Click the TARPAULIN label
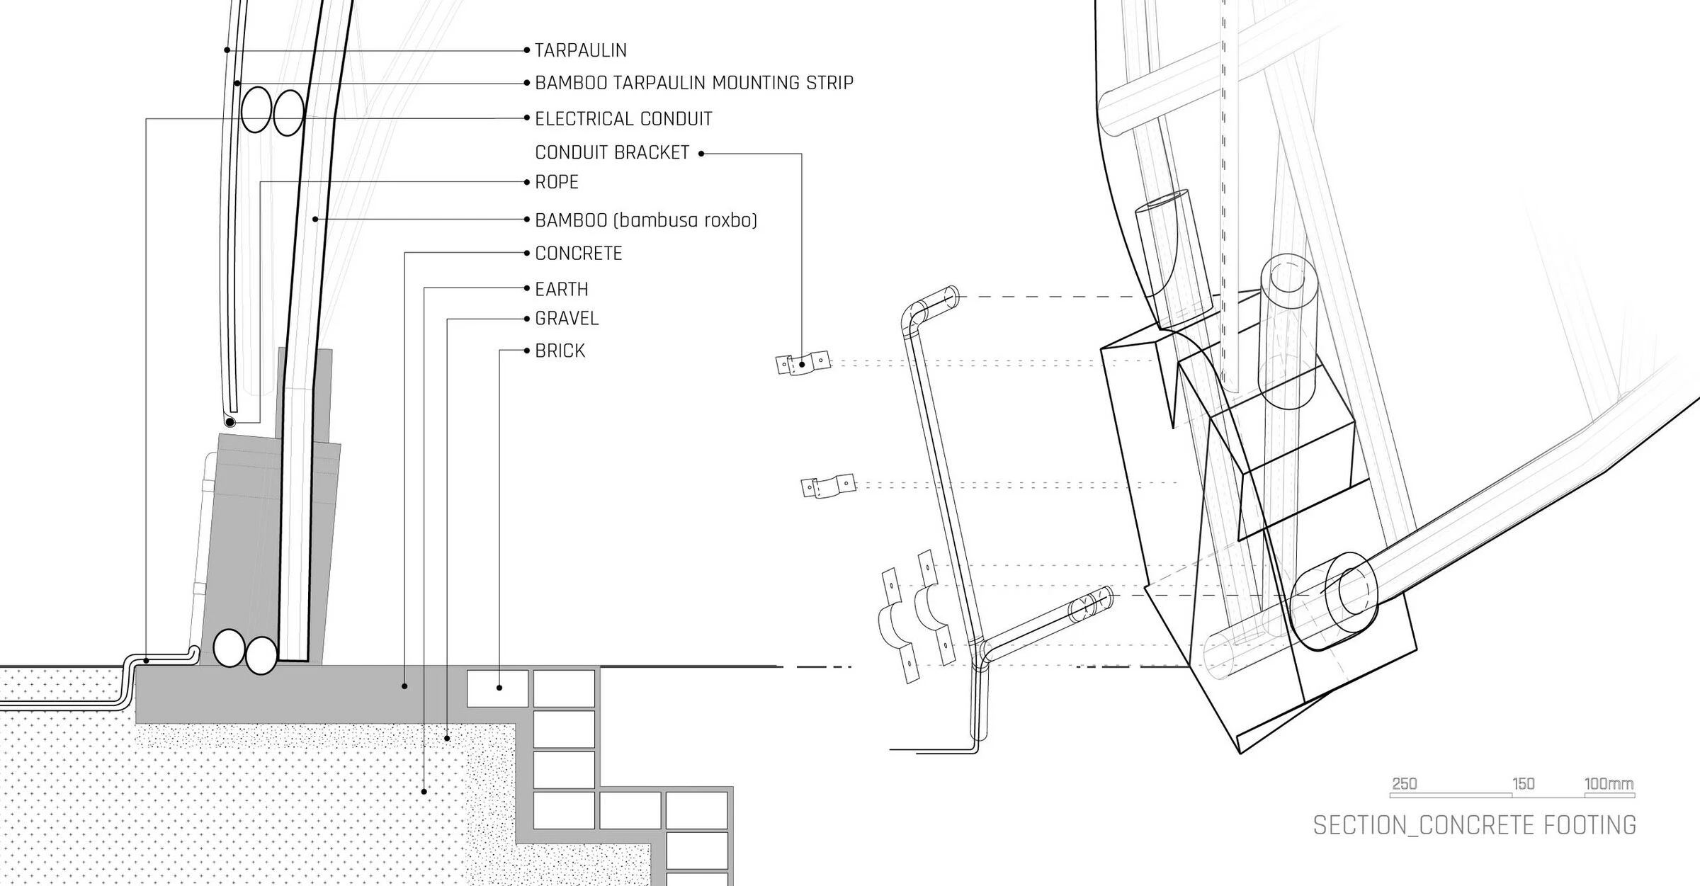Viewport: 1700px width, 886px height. pyautogui.click(x=580, y=50)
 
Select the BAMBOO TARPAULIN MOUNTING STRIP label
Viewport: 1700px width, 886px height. pyautogui.click(x=693, y=83)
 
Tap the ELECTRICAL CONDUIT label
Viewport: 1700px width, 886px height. pyautogui.click(x=623, y=119)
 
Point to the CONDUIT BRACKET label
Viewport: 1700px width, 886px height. pyautogui.click(x=612, y=153)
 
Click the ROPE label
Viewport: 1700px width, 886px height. pyautogui.click(x=557, y=183)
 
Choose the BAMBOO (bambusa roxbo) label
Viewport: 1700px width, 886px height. pyautogui.click(x=645, y=220)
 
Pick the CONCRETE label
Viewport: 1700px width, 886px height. pyautogui.click(x=578, y=254)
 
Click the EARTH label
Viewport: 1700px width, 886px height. pyautogui.click(x=561, y=290)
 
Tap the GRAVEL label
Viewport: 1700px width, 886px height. pyautogui.click(x=567, y=319)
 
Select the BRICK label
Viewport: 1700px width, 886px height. pyautogui.click(x=560, y=351)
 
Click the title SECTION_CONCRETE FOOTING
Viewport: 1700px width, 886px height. pyautogui.click(x=1474, y=826)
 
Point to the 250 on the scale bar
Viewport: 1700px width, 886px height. pyautogui.click(x=1404, y=784)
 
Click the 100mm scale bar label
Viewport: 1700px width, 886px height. pyautogui.click(x=1609, y=784)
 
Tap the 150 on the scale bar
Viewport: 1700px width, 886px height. pyautogui.click(x=1523, y=784)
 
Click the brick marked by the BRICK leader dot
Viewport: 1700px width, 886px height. pyautogui.click(x=497, y=688)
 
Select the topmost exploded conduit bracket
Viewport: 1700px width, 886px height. pyautogui.click(x=803, y=363)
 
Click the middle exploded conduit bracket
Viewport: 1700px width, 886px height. pyautogui.click(x=828, y=487)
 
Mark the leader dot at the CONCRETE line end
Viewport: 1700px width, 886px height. pyautogui.click(x=404, y=686)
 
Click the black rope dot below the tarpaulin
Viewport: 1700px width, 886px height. pyautogui.click(x=229, y=422)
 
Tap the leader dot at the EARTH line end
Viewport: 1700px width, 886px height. pyautogui.click(x=424, y=792)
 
